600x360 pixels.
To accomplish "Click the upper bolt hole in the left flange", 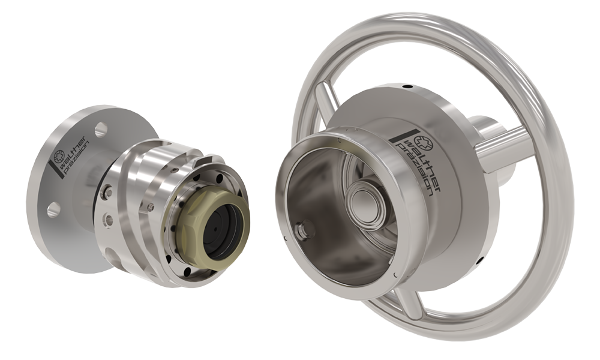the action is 101,130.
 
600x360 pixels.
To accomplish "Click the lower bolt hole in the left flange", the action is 53,209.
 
